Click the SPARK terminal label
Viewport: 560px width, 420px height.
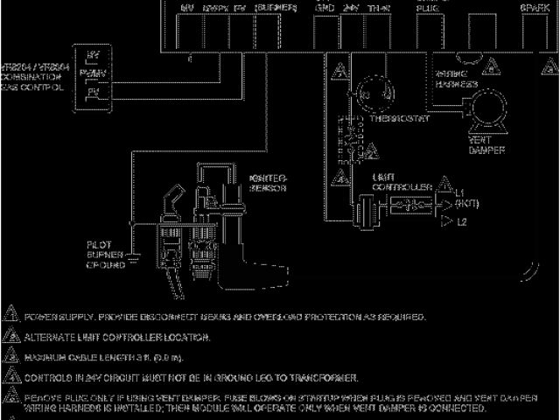534,7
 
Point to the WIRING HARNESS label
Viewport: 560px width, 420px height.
456,80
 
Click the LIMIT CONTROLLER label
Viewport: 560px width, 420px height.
402,182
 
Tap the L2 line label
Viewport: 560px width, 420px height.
462,222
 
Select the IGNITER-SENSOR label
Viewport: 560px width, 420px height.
268,182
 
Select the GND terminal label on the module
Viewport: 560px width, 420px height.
325,7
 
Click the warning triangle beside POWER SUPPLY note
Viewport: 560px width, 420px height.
11,315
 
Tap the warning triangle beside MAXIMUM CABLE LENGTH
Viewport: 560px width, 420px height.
11,356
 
